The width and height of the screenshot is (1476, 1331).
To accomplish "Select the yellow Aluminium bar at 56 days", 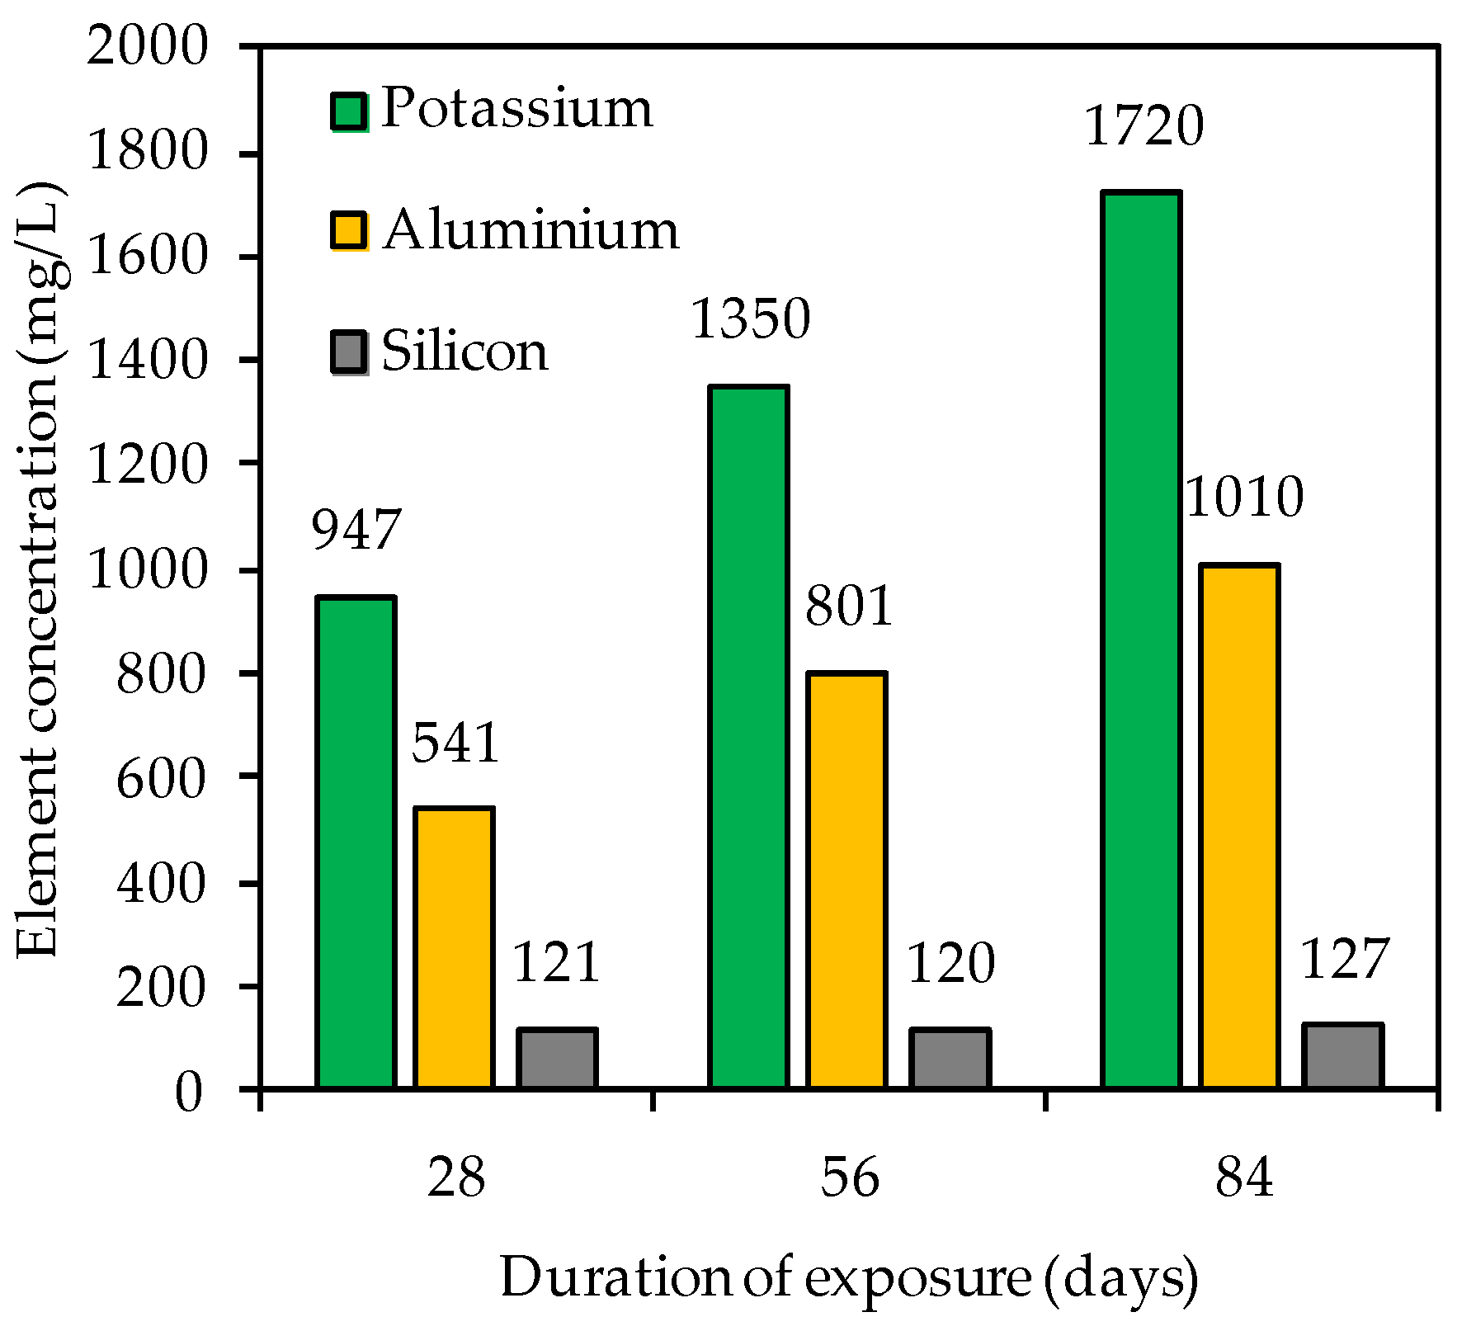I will pyautogui.click(x=846, y=880).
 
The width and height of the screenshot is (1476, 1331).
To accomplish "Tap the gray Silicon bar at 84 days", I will pyautogui.click(x=1342, y=1056).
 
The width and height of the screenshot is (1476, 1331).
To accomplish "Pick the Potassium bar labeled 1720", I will pyautogui.click(x=1142, y=640).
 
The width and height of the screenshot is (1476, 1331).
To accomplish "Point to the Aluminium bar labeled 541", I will pyautogui.click(x=454, y=948).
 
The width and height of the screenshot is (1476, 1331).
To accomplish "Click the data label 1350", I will pyautogui.click(x=750, y=319).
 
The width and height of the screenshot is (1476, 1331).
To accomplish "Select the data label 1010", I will pyautogui.click(x=1244, y=498).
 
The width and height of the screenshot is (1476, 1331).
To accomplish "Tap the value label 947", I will pyautogui.click(x=356, y=530).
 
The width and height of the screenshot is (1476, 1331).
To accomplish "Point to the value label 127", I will pyautogui.click(x=1345, y=960).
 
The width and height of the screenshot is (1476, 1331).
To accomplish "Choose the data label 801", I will pyautogui.click(x=848, y=607).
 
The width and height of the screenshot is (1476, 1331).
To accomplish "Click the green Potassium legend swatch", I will pyautogui.click(x=350, y=111).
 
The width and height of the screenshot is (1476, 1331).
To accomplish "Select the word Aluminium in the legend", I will pyautogui.click(x=531, y=229).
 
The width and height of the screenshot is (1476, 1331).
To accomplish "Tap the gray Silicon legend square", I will pyautogui.click(x=350, y=352).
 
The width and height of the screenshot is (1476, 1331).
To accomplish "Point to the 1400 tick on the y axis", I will pyautogui.click(x=145, y=361).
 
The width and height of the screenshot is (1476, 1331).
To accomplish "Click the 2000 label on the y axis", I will pyautogui.click(x=145, y=46).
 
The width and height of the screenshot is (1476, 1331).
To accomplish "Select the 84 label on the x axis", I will pyautogui.click(x=1243, y=1178).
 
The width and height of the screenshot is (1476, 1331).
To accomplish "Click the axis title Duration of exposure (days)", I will pyautogui.click(x=849, y=1279).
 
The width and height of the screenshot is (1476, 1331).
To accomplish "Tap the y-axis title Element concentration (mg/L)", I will pyautogui.click(x=38, y=569).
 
